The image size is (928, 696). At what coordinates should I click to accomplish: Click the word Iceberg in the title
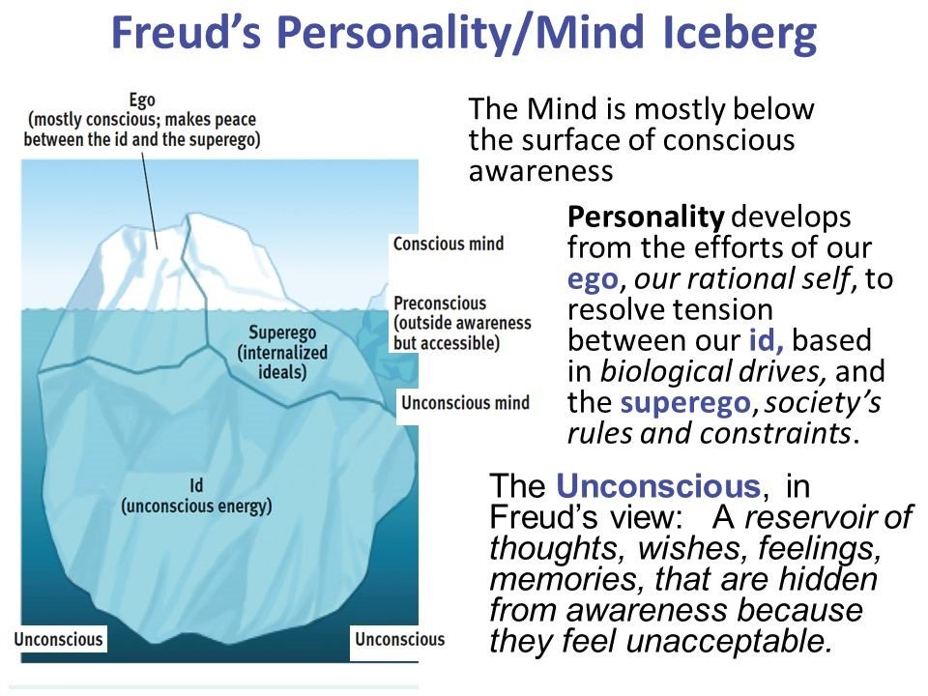point(739,33)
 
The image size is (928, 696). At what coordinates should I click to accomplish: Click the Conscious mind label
point(449,244)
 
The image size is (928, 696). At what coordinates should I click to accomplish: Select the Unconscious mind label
point(465,403)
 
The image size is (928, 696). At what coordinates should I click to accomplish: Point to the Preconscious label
point(440,303)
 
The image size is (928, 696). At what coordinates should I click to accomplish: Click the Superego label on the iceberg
point(282,333)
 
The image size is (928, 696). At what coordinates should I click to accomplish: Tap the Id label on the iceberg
point(196,486)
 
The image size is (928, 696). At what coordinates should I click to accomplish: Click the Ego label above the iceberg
point(142,100)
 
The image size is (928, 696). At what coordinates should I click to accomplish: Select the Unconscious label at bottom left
point(58,639)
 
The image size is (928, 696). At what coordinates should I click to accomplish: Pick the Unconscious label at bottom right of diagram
point(399,639)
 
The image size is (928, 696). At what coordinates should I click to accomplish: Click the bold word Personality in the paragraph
point(646,218)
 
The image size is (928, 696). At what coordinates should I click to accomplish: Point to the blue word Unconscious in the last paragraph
point(658,486)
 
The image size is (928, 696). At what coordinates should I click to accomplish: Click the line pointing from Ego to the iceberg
point(150,201)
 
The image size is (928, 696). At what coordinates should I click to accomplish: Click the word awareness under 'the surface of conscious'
point(541,172)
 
